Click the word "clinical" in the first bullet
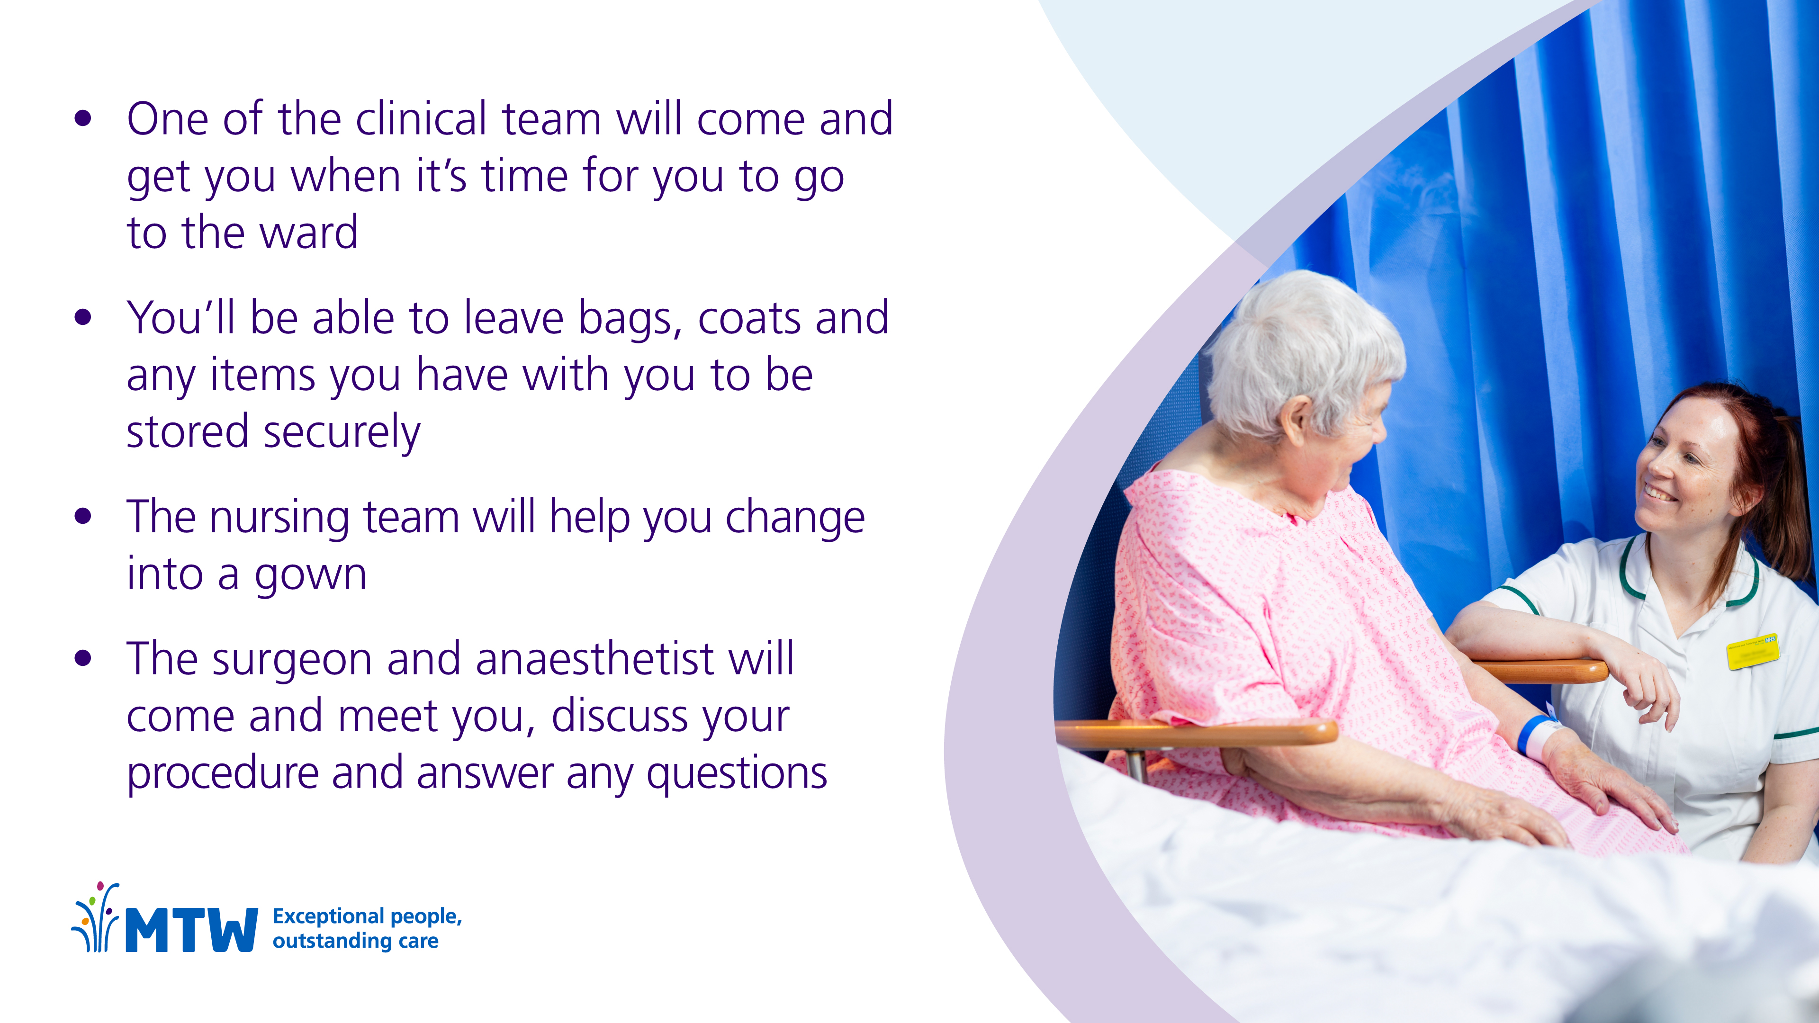[x=421, y=118]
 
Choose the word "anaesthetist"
[x=595, y=659]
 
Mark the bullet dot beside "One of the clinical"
[x=83, y=118]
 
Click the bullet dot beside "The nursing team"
[x=83, y=516]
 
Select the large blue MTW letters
[x=191, y=930]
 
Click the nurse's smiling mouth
[x=1657, y=492]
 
